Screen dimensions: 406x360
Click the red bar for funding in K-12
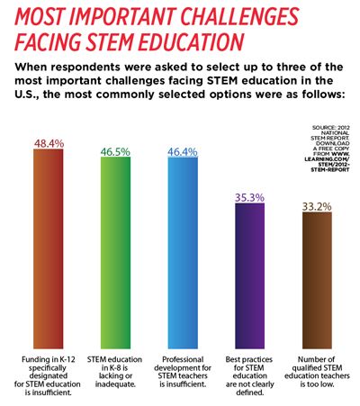[59, 243]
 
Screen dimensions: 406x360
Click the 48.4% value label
[60, 143]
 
